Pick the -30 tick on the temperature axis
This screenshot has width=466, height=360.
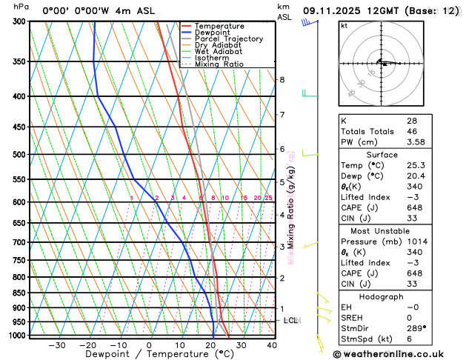pyautogui.click(x=57, y=345)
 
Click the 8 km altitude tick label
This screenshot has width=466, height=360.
pyautogui.click(x=282, y=80)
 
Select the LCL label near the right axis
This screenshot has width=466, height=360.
pyautogui.click(x=290, y=321)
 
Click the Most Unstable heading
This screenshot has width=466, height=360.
pyautogui.click(x=382, y=230)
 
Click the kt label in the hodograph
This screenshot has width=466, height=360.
pyautogui.click(x=344, y=25)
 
